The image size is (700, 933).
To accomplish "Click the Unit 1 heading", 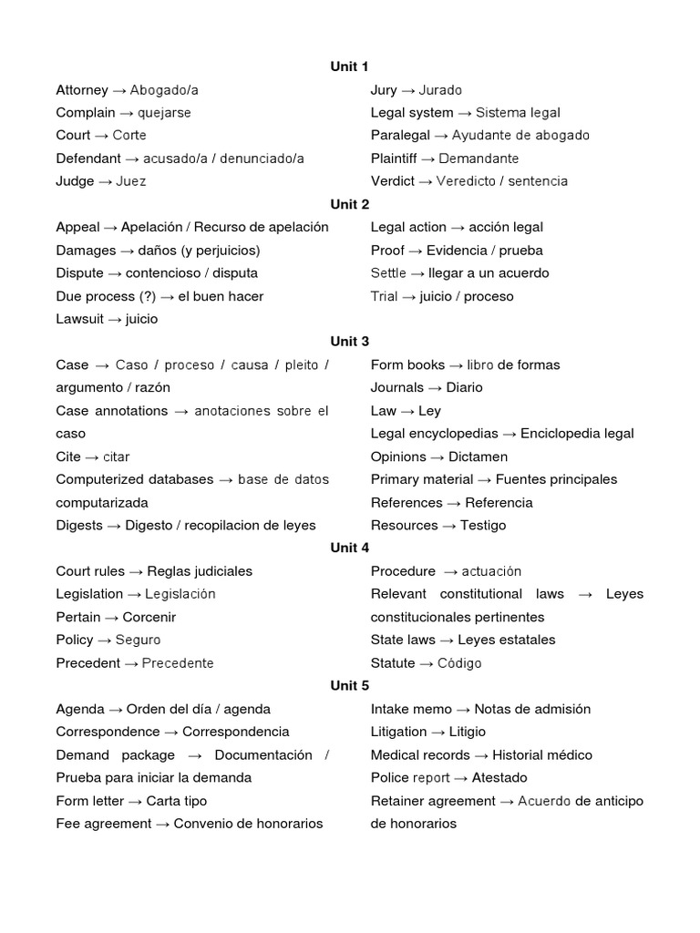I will tap(350, 67).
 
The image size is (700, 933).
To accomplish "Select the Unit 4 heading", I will tap(350, 548).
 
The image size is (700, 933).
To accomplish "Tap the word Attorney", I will tap(82, 89).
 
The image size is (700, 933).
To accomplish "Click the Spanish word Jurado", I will tap(440, 89).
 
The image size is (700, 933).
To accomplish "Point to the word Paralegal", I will tap(400, 135).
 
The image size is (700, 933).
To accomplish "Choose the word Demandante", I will tap(479, 159).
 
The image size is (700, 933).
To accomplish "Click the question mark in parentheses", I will tap(147, 296).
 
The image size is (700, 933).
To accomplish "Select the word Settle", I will tap(389, 272).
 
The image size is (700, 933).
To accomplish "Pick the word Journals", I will tap(397, 387).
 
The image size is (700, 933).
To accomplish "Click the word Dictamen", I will tap(478, 456).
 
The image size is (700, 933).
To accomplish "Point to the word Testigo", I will tap(483, 525).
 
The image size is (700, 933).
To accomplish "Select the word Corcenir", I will tap(149, 617).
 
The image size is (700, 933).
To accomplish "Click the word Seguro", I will tap(138, 640).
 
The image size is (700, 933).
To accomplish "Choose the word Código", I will tap(459, 663).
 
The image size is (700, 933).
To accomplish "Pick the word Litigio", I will tap(468, 732).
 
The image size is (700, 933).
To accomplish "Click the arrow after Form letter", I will tap(133, 801).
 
